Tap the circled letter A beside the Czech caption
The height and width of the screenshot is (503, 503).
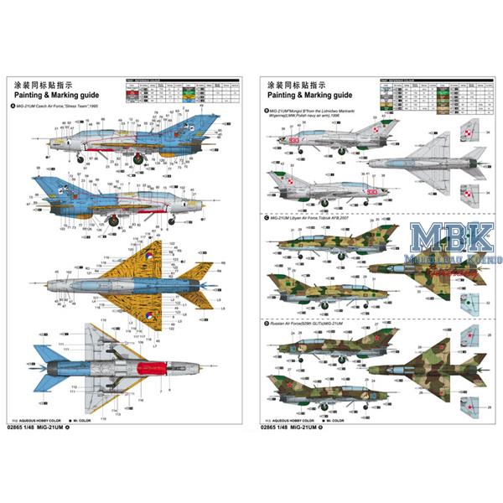[12, 106]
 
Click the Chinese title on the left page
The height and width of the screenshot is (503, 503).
[39, 85]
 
